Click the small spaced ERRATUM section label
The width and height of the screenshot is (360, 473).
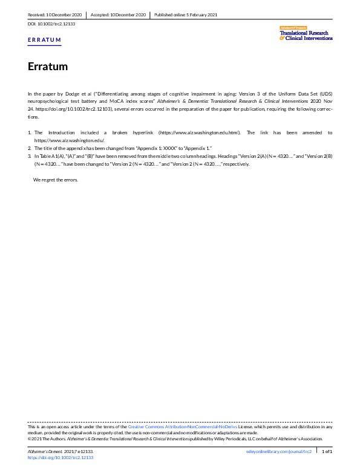pos(45,40)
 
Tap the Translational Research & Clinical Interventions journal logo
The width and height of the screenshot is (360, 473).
pos(306,34)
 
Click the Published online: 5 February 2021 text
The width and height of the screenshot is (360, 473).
pos(186,14)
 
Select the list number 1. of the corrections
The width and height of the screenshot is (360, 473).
pos(30,132)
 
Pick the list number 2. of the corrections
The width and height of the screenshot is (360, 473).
pos(30,148)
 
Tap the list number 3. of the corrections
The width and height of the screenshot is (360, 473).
pos(30,155)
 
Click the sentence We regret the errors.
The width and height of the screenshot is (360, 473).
pos(55,180)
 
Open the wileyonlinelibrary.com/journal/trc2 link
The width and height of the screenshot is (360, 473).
pos(279,452)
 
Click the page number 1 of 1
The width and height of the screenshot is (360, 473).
pos(327,452)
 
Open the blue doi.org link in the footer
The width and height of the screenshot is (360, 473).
pos(61,458)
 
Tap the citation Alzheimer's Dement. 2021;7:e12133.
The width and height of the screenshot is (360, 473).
pos(61,452)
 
